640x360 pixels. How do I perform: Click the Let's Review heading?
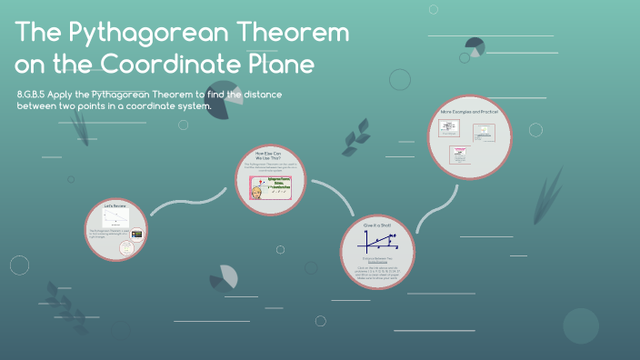coord(115,206)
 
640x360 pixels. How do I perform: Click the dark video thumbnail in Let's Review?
coord(137,234)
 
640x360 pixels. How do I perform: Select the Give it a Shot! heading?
coord(375,224)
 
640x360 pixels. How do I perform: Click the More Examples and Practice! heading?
coord(470,112)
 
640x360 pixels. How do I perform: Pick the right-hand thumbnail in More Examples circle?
coord(485,132)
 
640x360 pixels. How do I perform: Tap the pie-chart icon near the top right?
coord(475,46)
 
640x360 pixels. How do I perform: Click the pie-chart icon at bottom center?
coord(221,278)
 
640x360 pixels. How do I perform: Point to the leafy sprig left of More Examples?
coord(355,142)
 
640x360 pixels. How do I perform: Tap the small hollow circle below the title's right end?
coord(400,79)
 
